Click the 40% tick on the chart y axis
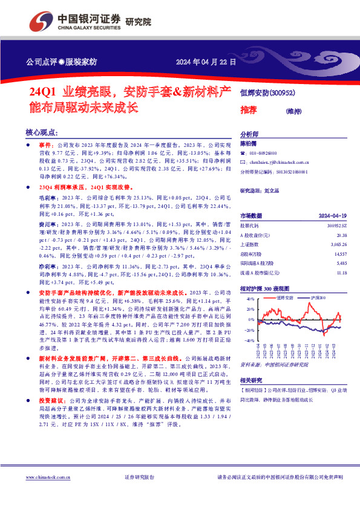249,299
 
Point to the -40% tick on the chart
248,340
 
